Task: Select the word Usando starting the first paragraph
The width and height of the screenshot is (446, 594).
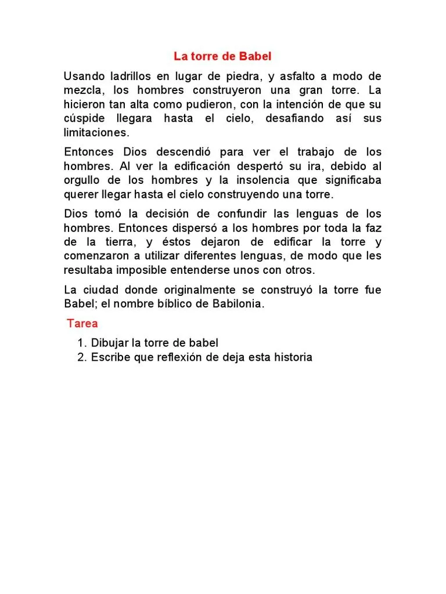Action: point(85,77)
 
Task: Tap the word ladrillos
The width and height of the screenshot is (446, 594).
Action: point(134,77)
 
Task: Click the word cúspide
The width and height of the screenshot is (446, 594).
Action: point(84,118)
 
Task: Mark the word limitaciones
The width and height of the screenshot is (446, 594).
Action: point(95,132)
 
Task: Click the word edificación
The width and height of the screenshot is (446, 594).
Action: point(197,166)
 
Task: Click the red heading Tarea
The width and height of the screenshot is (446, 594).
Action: point(82,323)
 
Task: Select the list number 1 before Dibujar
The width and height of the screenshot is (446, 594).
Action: point(82,343)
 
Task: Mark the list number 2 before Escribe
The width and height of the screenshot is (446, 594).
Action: point(82,357)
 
